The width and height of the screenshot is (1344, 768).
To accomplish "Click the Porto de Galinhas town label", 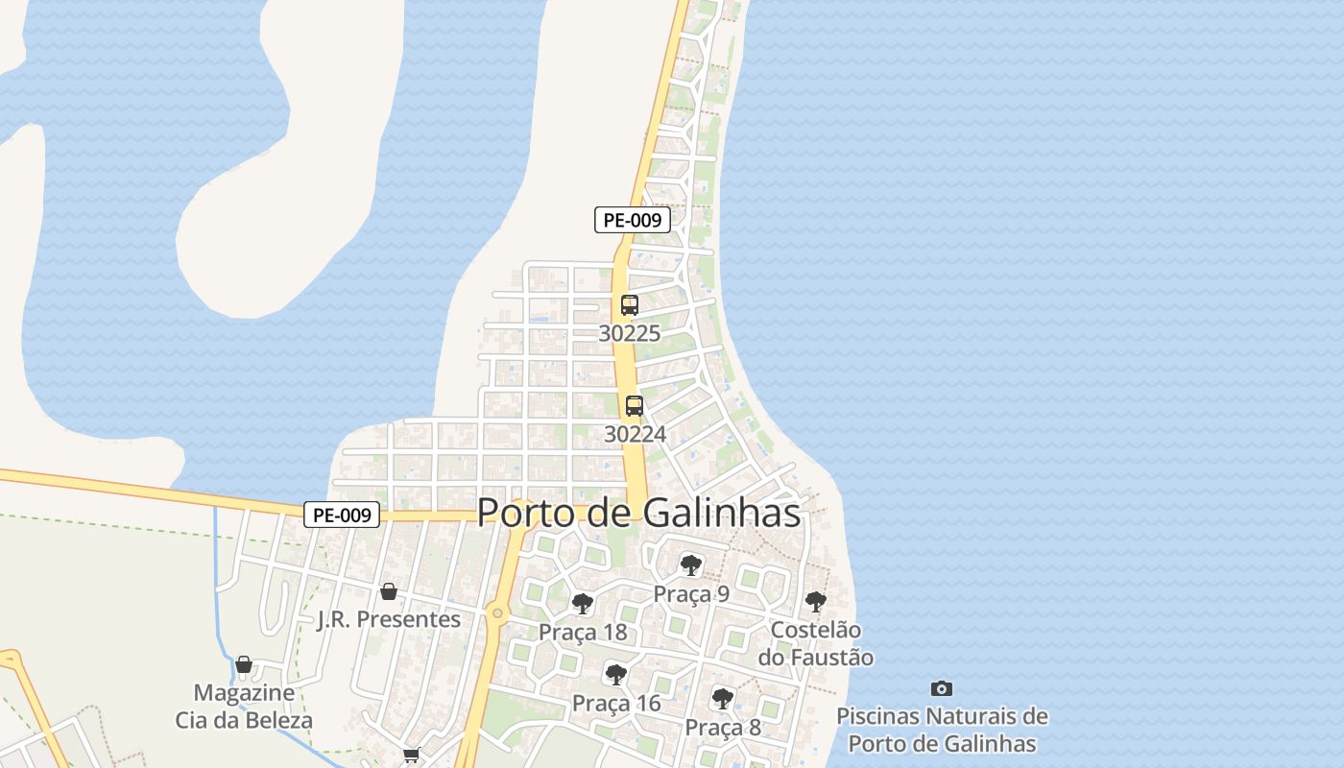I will (x=638, y=513).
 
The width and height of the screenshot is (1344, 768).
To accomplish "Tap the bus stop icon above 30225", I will (x=630, y=305).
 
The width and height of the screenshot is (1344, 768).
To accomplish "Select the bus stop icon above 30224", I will (x=635, y=406).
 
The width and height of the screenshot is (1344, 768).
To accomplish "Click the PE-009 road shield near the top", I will (x=632, y=220).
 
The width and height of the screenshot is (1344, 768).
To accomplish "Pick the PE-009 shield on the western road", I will (x=343, y=515).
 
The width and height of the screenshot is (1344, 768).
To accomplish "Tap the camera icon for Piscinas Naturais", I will (x=942, y=688).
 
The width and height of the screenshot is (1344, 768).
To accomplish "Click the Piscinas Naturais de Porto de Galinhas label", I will (x=942, y=730).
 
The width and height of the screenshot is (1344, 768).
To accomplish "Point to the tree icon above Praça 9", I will (x=690, y=565).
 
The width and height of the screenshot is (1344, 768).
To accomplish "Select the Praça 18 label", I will (x=583, y=632).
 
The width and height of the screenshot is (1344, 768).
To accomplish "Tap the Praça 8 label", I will (x=723, y=728).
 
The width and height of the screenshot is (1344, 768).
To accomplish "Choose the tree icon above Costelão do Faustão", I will (x=815, y=602).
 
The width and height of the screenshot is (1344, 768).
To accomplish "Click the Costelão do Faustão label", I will (x=816, y=644).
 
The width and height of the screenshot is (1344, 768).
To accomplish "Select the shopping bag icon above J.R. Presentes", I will (x=389, y=591).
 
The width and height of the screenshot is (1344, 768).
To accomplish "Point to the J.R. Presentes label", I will (x=389, y=619).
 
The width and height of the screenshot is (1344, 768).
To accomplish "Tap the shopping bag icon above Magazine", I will (x=244, y=664).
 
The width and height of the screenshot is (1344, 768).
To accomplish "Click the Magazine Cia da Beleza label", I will (x=244, y=706).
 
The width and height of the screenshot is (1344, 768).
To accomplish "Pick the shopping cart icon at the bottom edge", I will (x=412, y=756).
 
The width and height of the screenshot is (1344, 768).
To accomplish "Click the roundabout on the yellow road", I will (x=496, y=612).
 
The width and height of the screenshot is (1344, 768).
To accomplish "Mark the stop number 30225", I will (x=630, y=333).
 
